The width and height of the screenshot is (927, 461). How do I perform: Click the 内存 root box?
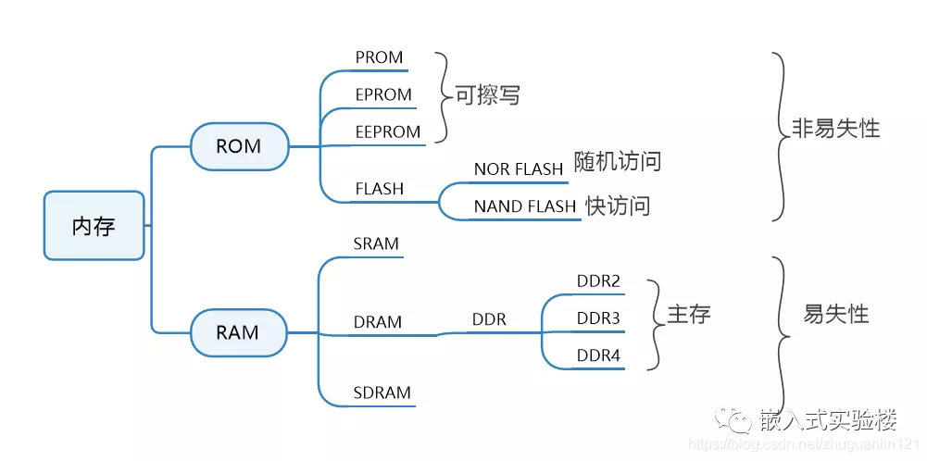(x=94, y=225)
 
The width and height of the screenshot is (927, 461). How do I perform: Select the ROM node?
(x=238, y=146)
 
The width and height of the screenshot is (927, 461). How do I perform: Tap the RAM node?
(x=237, y=332)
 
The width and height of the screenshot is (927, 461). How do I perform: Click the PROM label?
(x=379, y=57)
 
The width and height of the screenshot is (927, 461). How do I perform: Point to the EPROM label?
(x=383, y=94)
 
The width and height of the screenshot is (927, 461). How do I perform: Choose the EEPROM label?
(x=388, y=132)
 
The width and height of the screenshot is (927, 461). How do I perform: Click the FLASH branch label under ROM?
(x=380, y=189)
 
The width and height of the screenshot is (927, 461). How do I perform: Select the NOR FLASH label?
(x=519, y=169)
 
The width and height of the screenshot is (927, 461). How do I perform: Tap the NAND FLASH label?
(x=525, y=206)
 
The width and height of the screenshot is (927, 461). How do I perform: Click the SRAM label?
(x=376, y=244)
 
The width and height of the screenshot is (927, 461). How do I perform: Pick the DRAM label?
(x=378, y=322)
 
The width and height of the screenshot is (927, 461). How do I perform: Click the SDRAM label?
(x=382, y=392)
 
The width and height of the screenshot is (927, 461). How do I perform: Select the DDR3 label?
(x=598, y=318)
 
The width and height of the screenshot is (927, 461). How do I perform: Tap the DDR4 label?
(x=598, y=355)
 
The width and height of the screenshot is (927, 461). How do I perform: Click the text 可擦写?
(x=487, y=94)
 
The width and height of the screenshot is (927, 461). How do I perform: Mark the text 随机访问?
(x=618, y=161)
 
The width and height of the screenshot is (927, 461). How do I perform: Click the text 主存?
(x=688, y=314)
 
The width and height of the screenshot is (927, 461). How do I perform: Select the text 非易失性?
(x=835, y=128)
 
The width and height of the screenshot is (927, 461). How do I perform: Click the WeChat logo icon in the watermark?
(x=739, y=421)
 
